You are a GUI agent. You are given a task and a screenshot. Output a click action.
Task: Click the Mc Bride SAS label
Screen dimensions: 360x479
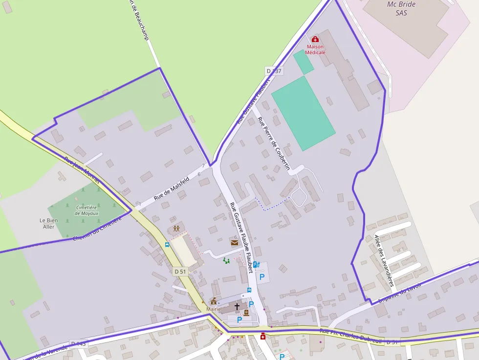tap(401, 8)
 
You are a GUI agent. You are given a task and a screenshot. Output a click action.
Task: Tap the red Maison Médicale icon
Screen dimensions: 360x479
tap(315, 39)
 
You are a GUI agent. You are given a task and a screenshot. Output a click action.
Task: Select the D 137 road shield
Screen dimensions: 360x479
tap(274, 71)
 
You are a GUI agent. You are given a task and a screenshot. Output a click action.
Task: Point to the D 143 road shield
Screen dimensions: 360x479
tap(78, 344)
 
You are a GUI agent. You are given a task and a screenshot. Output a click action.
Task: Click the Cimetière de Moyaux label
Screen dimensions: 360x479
tap(87, 211)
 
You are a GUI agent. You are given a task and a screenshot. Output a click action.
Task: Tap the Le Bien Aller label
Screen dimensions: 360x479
tap(49, 224)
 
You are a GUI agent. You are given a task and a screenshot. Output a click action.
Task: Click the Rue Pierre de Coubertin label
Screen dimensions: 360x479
tap(274, 144)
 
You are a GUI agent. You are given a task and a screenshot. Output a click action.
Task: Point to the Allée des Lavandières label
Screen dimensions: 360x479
tap(384, 259)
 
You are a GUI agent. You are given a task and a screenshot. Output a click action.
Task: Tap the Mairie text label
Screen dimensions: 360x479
tap(214, 309)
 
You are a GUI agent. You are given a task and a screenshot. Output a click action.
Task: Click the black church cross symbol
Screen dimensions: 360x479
tap(237, 306)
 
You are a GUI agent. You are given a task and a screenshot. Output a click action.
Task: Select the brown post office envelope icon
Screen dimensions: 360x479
tap(234, 242)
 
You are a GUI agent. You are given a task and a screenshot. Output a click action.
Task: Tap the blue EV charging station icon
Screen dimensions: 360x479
tap(256, 264)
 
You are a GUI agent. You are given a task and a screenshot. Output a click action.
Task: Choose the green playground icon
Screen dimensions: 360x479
tap(226, 261)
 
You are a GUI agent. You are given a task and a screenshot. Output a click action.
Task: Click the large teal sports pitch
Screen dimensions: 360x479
tap(303, 113)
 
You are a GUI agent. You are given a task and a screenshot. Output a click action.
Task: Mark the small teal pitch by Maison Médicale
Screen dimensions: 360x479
tap(304, 62)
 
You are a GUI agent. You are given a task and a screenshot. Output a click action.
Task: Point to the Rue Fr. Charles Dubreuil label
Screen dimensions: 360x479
tap(350, 336)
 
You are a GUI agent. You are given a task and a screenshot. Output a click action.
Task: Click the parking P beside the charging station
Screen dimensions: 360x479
tap(262, 277)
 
